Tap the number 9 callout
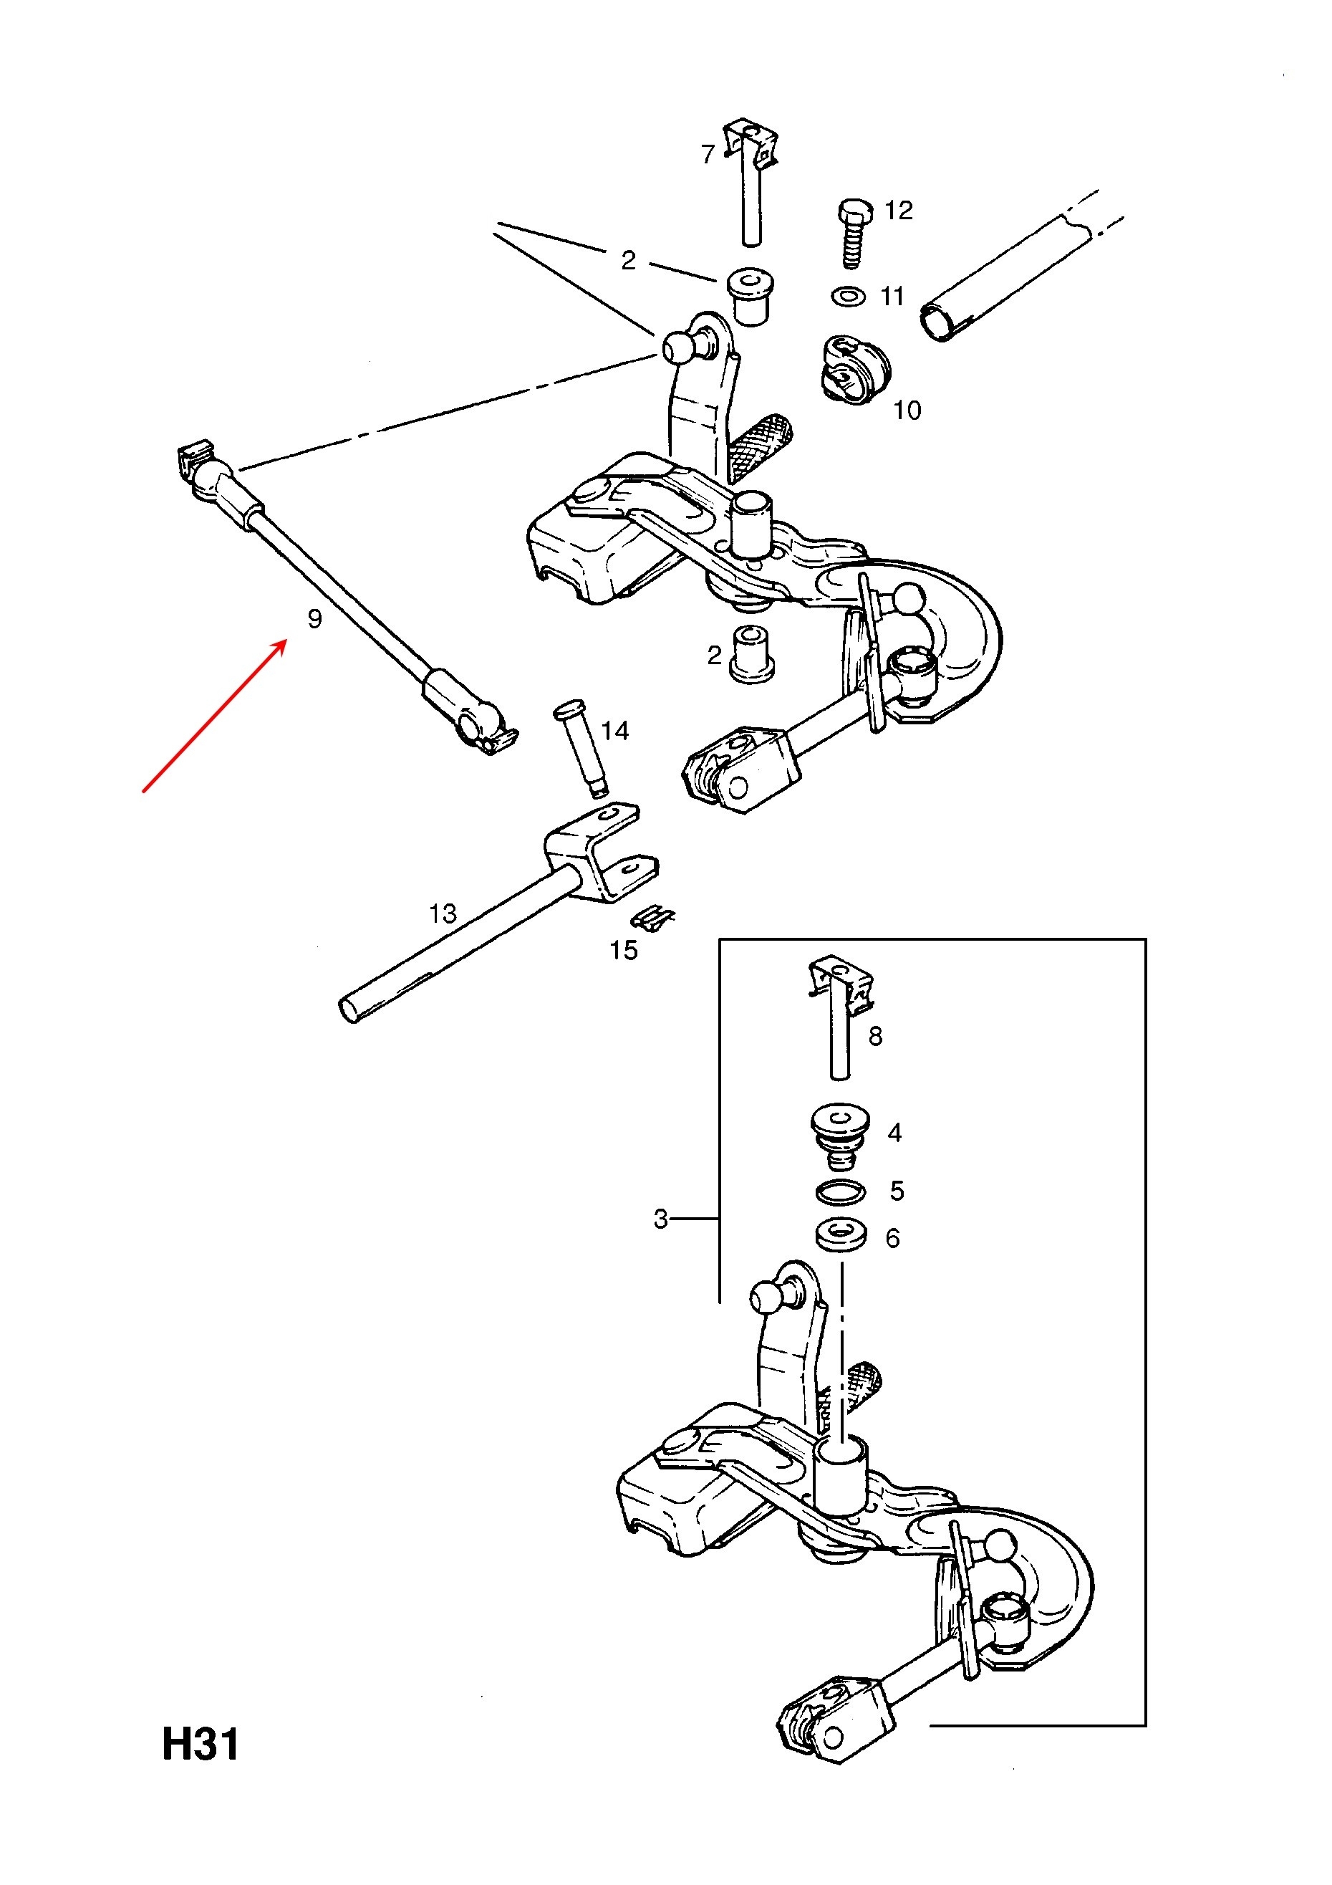(x=314, y=619)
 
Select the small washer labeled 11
(x=848, y=296)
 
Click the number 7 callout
(x=708, y=153)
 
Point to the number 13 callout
(x=443, y=913)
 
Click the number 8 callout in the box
(x=876, y=1036)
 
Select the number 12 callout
(x=899, y=210)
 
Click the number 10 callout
(x=907, y=410)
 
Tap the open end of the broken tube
(x=937, y=322)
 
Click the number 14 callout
(x=614, y=730)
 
